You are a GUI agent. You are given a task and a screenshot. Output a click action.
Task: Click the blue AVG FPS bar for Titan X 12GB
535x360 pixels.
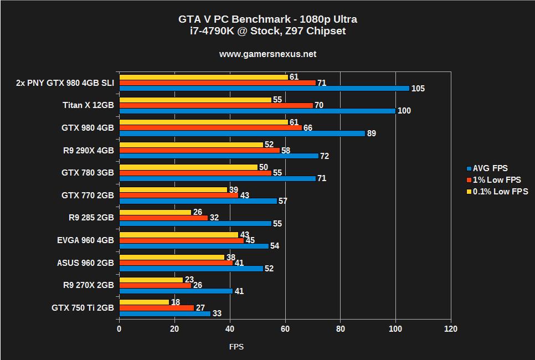point(257,111)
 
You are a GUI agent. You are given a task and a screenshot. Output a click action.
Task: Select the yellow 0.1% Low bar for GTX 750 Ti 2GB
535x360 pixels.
point(144,302)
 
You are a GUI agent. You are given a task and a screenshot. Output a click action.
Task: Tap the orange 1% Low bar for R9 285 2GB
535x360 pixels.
point(163,218)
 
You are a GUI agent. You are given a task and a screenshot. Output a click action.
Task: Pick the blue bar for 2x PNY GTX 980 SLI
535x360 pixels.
point(264,88)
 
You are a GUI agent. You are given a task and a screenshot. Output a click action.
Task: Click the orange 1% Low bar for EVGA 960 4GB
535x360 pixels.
point(181,240)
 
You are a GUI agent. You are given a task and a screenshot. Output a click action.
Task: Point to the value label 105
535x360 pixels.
point(418,89)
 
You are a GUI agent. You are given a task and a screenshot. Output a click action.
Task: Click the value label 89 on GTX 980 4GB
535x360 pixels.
point(373,133)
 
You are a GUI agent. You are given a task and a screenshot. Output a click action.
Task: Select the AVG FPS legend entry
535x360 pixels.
point(487,168)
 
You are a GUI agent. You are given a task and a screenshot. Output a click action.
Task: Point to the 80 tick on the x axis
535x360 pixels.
point(340,329)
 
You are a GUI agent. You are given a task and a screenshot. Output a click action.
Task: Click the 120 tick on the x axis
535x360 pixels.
point(450,329)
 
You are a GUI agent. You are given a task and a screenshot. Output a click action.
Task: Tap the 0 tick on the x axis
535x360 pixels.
point(119,329)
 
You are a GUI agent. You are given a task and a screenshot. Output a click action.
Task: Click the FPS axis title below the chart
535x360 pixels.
point(236,347)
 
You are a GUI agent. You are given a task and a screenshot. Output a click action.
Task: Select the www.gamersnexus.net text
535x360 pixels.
point(267,54)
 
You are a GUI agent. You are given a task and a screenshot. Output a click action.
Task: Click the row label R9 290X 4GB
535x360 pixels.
point(88,150)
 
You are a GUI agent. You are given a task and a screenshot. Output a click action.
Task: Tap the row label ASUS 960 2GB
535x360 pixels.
point(85,263)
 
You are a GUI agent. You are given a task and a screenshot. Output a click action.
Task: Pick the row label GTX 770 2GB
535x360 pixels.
point(88,195)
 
